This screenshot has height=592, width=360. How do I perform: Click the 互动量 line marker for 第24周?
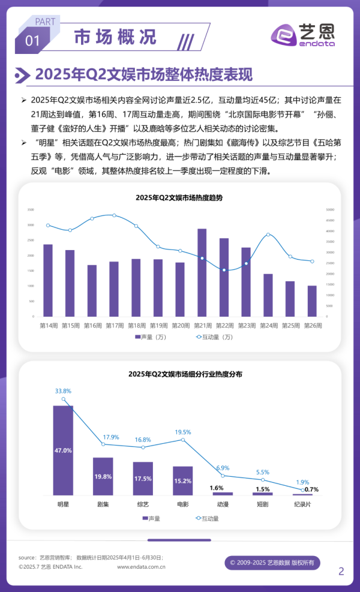[x=268, y=235]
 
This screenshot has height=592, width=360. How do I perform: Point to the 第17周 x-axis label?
[x=115, y=326]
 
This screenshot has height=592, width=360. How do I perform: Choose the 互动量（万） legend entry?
[x=214, y=337]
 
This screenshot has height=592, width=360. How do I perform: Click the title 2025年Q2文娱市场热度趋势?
[x=179, y=197]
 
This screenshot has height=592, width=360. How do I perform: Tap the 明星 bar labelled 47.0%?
[x=63, y=449]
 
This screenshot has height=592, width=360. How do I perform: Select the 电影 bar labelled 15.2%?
[x=183, y=480]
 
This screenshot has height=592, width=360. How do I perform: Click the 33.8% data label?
[x=63, y=391]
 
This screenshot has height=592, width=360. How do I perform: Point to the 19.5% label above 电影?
[x=183, y=432]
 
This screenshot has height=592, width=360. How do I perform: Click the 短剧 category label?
[x=263, y=504]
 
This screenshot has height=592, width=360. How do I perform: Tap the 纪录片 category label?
[x=302, y=504]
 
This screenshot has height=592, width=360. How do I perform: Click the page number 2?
[x=341, y=571]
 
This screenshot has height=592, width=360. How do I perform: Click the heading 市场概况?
[x=115, y=37]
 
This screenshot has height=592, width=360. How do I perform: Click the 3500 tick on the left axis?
[x=31, y=210]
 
